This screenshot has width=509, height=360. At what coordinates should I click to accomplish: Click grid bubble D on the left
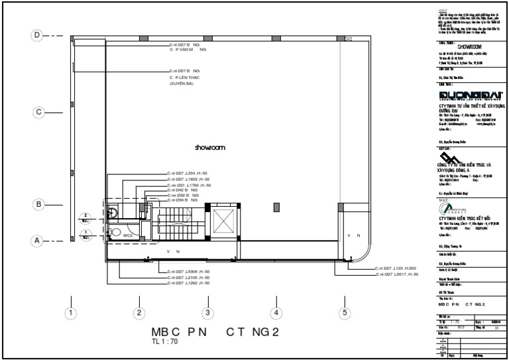click(38, 34)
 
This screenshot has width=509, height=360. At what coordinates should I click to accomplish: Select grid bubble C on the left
click(38, 113)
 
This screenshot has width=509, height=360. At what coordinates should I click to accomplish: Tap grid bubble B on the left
click(38, 204)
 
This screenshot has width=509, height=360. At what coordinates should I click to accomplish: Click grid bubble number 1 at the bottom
click(70, 312)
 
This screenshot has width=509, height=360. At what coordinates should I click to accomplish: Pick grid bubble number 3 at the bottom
click(207, 312)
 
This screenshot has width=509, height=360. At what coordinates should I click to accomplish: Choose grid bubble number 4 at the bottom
click(276, 312)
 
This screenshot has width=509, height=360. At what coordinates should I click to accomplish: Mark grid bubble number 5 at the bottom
click(344, 312)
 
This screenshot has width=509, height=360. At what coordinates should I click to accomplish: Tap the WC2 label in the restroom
click(128, 234)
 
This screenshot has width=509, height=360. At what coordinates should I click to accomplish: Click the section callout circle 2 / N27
click(85, 217)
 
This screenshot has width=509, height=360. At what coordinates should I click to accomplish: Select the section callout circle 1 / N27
click(85, 234)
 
